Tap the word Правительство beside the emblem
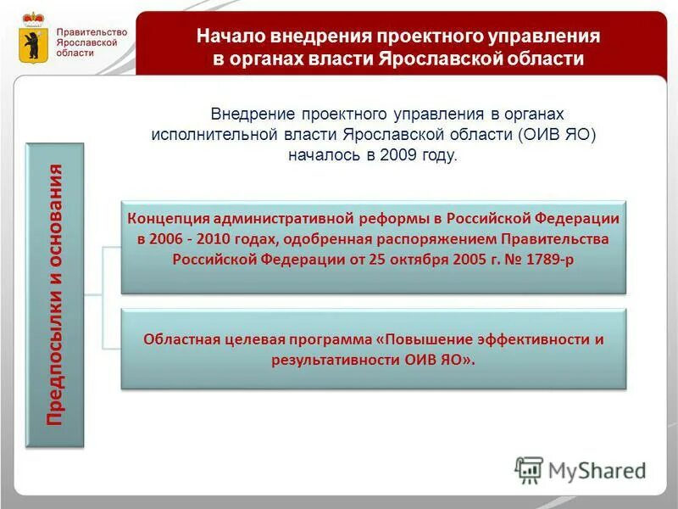coord(92,32)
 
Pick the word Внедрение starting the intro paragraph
coord(252,114)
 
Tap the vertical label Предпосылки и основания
coord(57,294)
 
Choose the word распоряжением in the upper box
coord(443,238)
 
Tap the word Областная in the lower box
coord(181,339)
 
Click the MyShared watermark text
coord(597,470)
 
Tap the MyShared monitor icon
coord(529,469)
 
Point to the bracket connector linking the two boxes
coord(103,297)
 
